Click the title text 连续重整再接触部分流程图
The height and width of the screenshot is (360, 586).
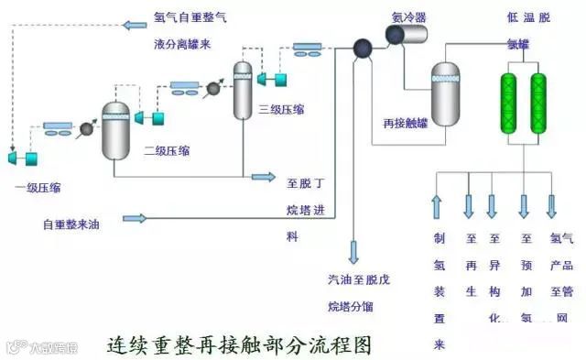click(x=240, y=345)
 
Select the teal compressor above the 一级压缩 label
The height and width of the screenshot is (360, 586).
click(x=24, y=158)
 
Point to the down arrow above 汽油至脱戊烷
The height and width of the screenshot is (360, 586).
click(x=354, y=250)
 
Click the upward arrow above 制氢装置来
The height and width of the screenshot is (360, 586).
click(x=437, y=206)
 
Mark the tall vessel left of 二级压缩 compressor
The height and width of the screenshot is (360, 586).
click(x=115, y=130)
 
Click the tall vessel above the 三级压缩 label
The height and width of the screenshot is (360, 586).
click(x=242, y=90)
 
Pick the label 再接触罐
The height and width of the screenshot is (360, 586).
click(x=404, y=121)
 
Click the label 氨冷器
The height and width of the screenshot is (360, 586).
click(x=409, y=16)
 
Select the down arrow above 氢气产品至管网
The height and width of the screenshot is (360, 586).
click(x=553, y=206)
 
